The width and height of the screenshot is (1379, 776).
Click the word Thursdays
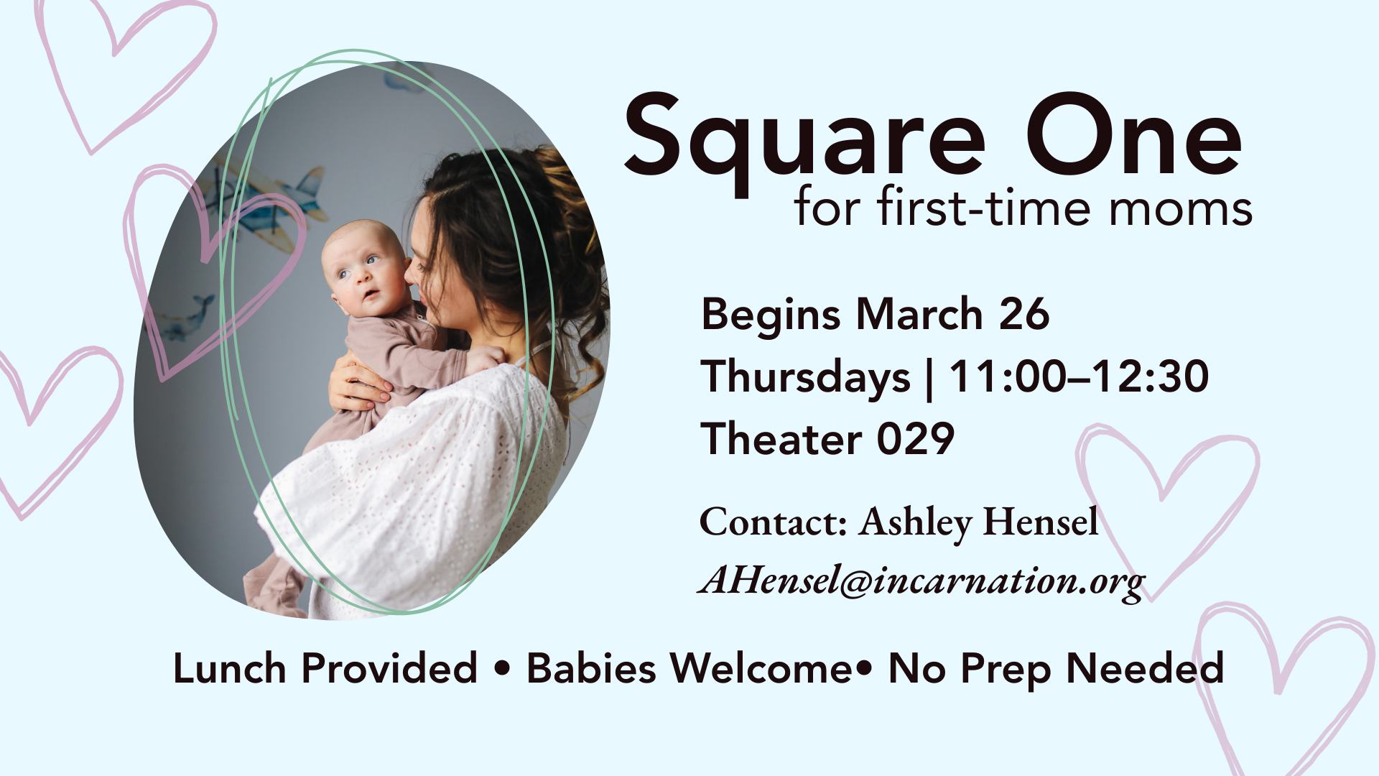(x=806, y=378)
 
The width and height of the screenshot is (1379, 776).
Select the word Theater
(x=781, y=438)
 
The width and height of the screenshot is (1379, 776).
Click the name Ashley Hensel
(x=979, y=522)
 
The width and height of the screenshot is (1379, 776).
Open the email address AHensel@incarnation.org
(x=921, y=581)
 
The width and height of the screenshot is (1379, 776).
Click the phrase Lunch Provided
(x=325, y=668)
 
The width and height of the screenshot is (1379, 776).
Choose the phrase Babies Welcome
(x=689, y=668)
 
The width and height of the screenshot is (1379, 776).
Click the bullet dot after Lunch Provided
(x=502, y=669)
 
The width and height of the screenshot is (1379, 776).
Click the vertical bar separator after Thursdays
(x=930, y=379)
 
